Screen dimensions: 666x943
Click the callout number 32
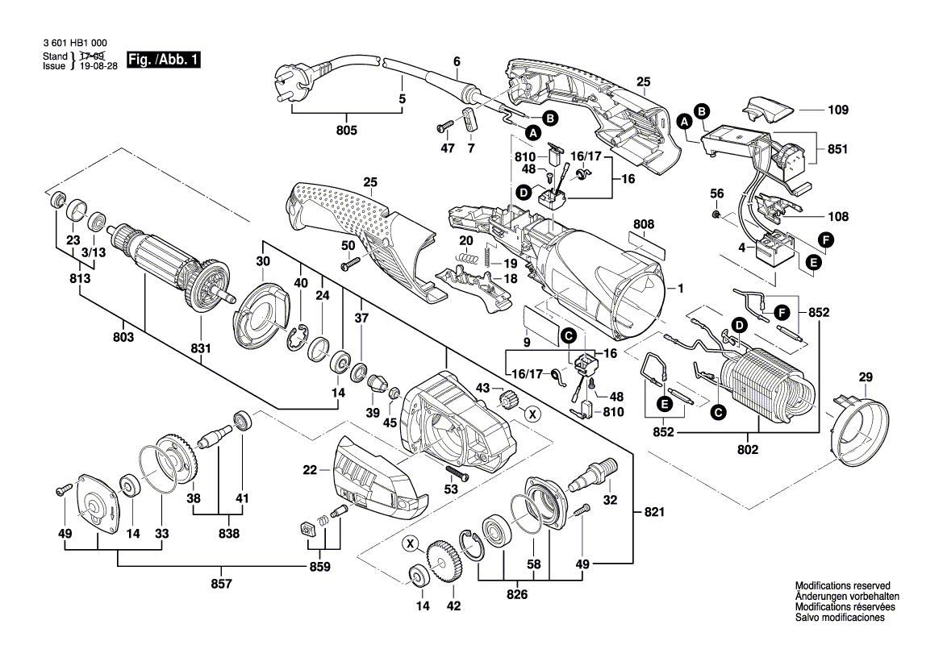[x=610, y=500]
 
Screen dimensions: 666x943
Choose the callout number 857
[x=231, y=582]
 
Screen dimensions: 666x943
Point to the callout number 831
[x=200, y=348]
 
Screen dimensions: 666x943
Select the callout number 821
[x=654, y=511]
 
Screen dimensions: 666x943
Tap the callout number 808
[x=644, y=224]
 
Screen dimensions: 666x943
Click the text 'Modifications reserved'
[x=842, y=586]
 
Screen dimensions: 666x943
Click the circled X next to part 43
[x=532, y=414]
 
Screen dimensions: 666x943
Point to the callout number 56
[x=716, y=194]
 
